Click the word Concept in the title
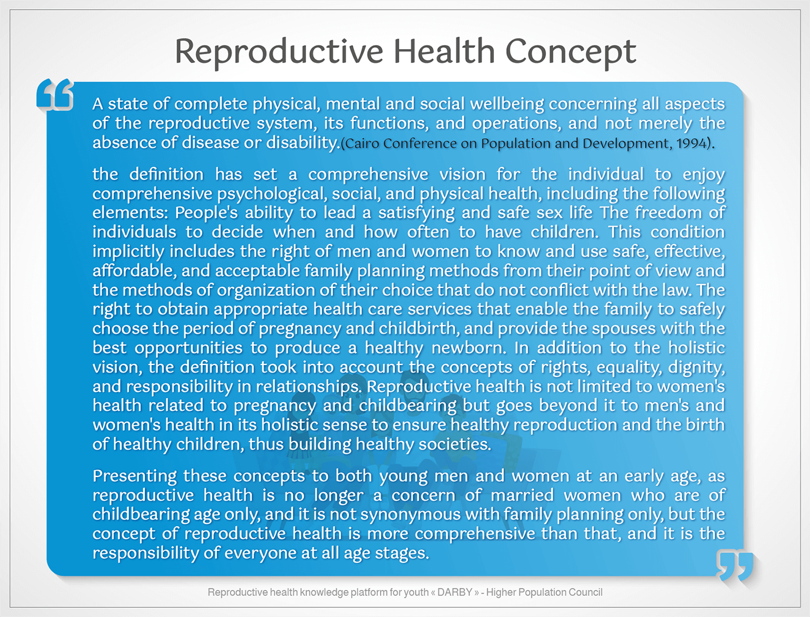tap(570, 53)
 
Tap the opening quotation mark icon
tap(55, 94)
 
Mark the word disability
tap(303, 143)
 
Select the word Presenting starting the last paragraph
tap(134, 476)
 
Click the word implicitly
tap(128, 252)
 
